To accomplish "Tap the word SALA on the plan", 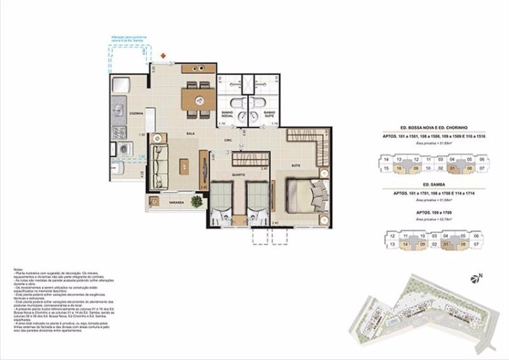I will coord(190,134).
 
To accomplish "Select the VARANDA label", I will coord(176,202).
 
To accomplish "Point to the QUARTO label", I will coord(239,174).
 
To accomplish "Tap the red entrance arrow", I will coord(164,57).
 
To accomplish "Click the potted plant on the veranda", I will coord(197,201).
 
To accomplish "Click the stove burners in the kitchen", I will coord(119,132).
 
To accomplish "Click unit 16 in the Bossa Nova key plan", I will coord(398,169).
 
